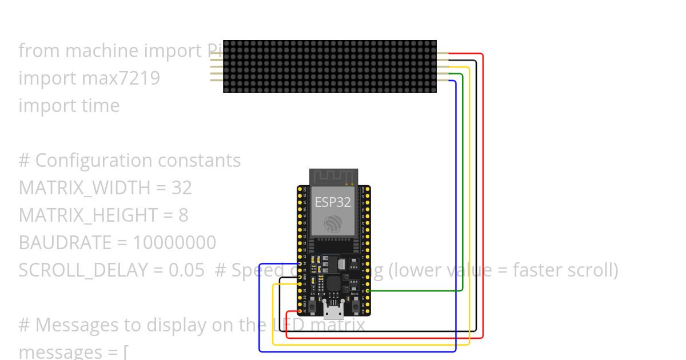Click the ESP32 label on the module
(333, 202)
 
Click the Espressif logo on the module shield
(333, 224)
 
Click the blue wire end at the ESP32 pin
(300, 264)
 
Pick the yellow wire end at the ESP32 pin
(300, 284)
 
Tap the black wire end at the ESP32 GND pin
(300, 278)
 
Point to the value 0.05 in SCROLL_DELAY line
(187, 270)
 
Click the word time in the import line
(100, 105)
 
